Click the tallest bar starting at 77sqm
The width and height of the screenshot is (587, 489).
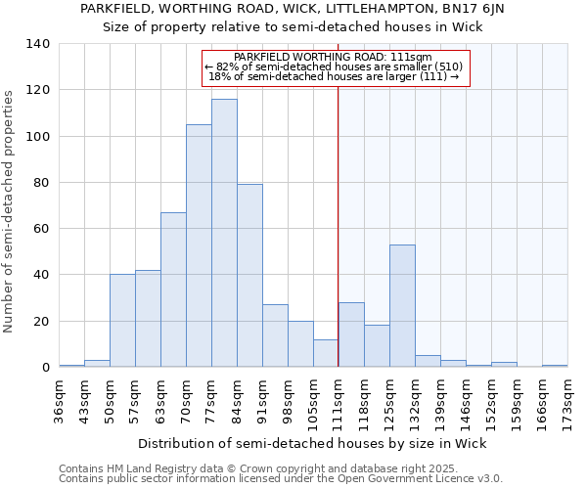click(224, 233)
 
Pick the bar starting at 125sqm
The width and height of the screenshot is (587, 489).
click(402, 306)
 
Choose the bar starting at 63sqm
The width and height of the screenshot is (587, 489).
click(173, 289)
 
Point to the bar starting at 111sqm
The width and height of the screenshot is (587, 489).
click(351, 334)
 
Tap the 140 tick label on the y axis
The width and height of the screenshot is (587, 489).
click(38, 44)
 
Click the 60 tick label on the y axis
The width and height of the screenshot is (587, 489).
click(42, 229)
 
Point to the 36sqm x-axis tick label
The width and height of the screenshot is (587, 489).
click(59, 398)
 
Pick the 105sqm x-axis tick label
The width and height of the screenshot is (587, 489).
click(313, 398)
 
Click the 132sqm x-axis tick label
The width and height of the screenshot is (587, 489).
click(415, 398)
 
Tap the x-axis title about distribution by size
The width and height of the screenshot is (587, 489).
click(312, 443)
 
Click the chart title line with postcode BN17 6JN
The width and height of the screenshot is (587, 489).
click(293, 9)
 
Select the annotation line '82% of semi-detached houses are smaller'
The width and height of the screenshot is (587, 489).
click(336, 67)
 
